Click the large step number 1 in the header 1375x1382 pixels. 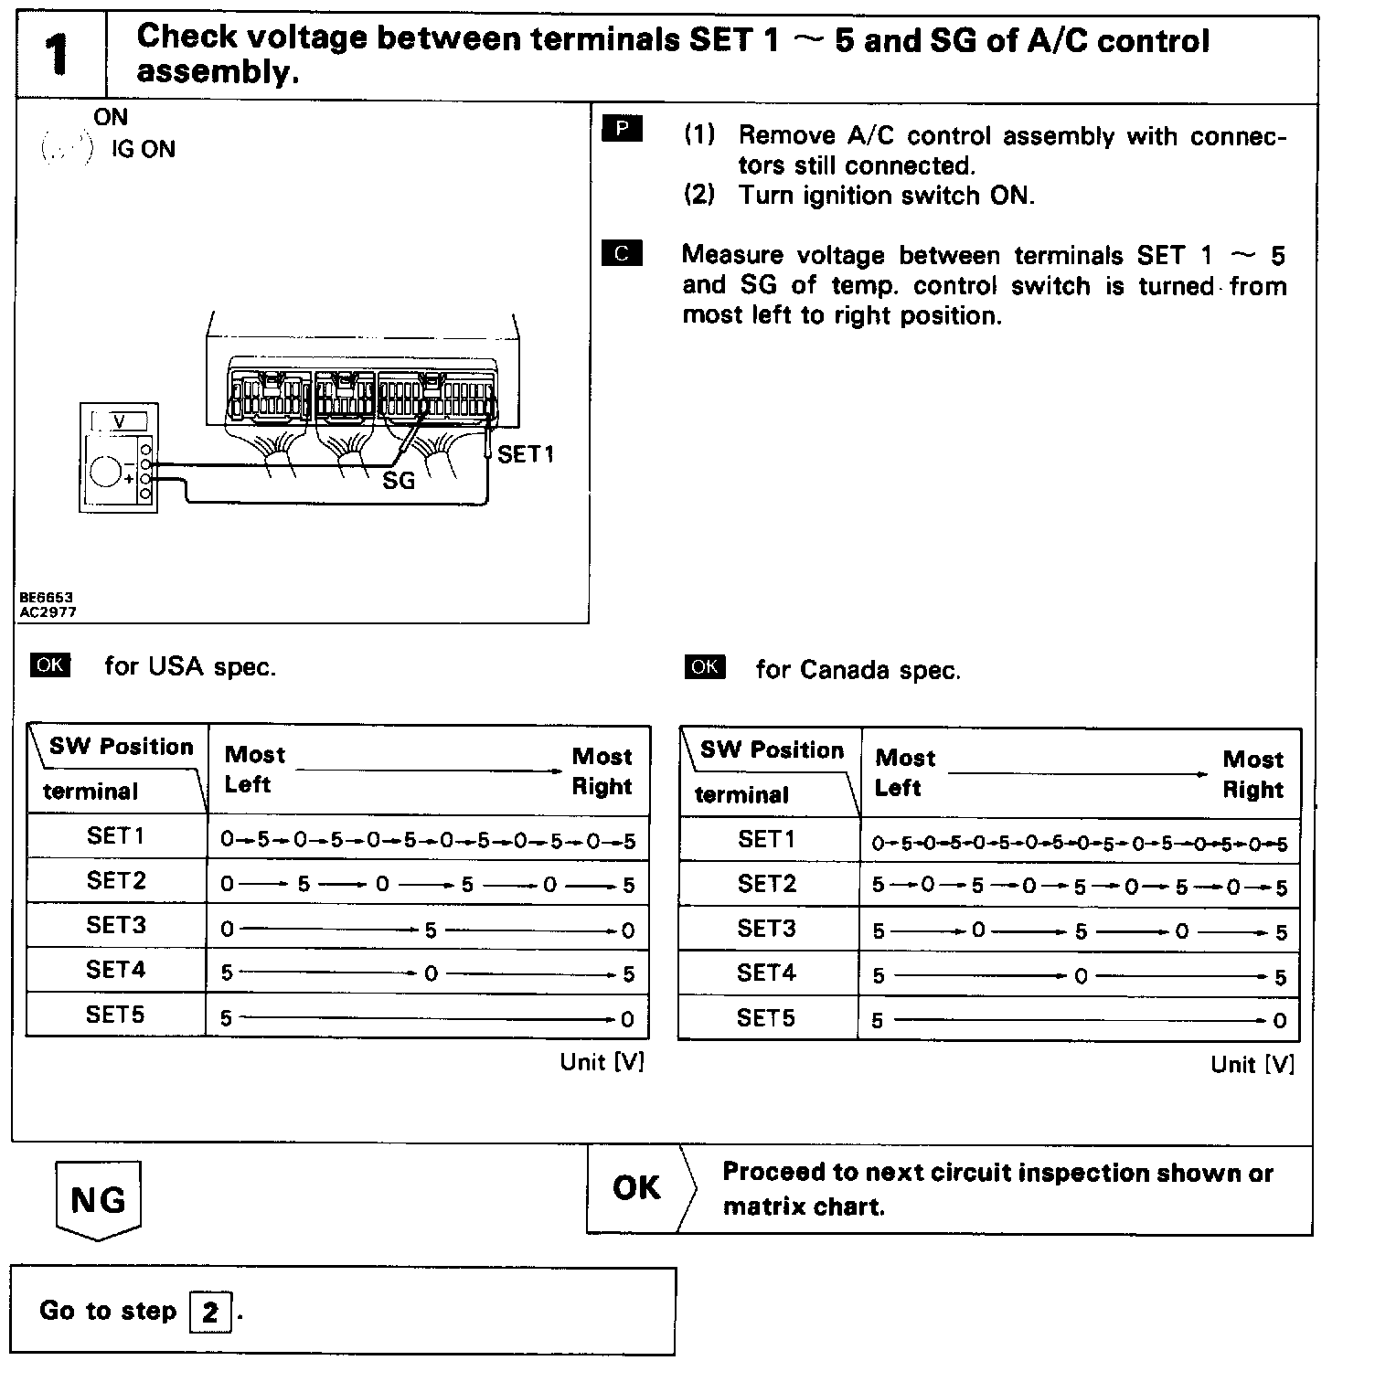[58, 55]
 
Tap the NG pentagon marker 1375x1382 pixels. [98, 1199]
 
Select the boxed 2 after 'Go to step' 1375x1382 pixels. [210, 1313]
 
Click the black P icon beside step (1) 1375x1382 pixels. [622, 129]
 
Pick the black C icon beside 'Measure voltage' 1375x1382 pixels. [622, 253]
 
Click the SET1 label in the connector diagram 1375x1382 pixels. [525, 454]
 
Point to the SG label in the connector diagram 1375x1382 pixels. [399, 480]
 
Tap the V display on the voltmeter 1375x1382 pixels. [119, 421]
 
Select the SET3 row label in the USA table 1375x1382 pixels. [116, 925]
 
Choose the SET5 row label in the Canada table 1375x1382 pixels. [766, 1018]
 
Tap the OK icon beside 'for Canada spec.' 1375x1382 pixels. [704, 667]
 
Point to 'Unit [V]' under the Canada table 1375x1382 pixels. [1252, 1064]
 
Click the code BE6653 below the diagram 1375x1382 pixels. [47, 598]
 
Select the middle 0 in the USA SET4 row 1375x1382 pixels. [431, 974]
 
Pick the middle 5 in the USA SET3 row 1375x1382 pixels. [431, 930]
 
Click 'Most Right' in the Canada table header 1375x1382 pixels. [1252, 774]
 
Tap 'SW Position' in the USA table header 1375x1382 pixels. [122, 747]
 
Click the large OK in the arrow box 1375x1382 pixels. [636, 1188]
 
